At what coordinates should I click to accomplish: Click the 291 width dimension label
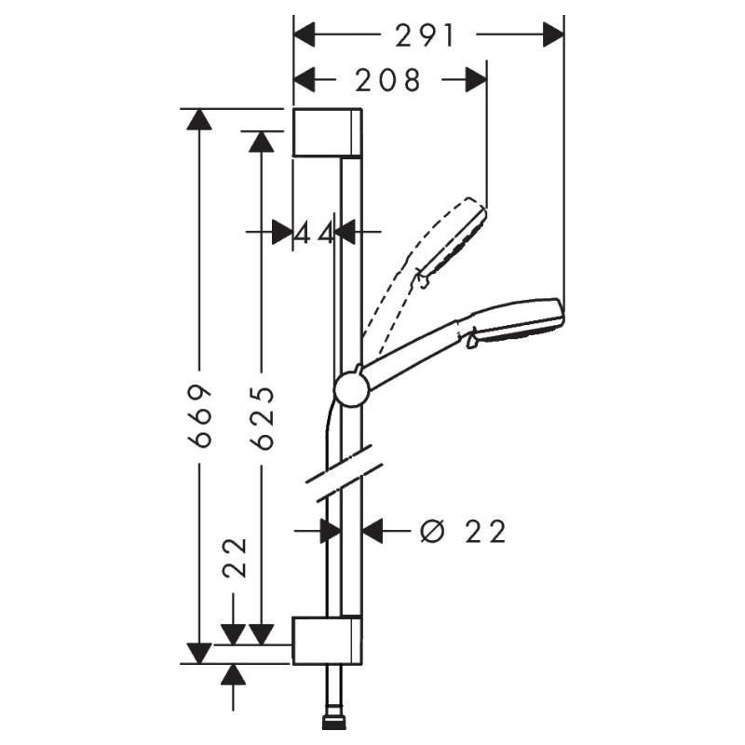(x=425, y=35)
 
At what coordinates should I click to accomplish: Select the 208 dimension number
(x=388, y=81)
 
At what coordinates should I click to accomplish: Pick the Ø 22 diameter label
(x=463, y=532)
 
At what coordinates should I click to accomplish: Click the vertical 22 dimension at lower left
(x=234, y=558)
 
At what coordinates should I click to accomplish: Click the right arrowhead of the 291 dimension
(x=555, y=35)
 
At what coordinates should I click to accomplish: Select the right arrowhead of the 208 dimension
(x=476, y=81)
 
